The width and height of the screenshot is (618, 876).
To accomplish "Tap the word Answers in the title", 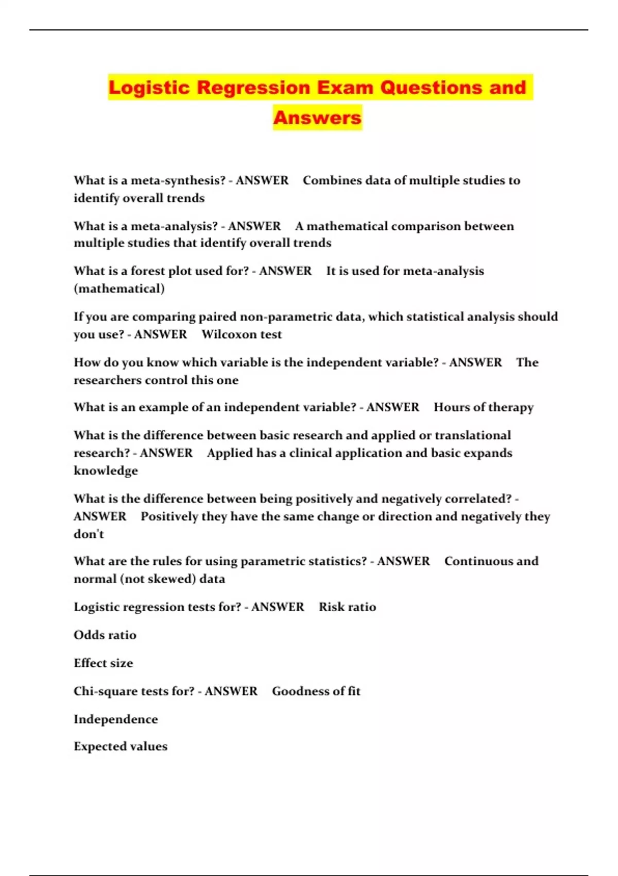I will click(x=317, y=117).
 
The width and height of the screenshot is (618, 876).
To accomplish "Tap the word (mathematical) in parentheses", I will click(x=119, y=289).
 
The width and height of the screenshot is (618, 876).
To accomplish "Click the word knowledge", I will click(x=106, y=471).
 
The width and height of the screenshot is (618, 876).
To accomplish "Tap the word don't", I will click(x=89, y=534).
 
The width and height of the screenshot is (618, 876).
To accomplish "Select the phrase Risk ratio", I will click(x=347, y=607).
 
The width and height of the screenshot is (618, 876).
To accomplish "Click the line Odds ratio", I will click(x=105, y=635).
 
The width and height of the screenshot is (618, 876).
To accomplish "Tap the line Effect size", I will click(x=103, y=663).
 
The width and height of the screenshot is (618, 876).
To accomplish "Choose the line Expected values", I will click(x=121, y=747).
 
